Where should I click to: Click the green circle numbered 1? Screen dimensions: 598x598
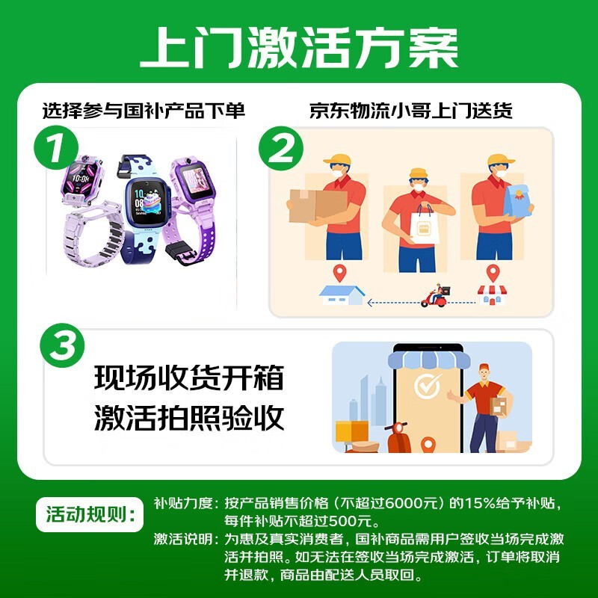[x=55, y=147]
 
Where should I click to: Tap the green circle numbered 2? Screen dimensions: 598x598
[x=281, y=148]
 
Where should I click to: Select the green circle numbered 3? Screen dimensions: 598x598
[x=62, y=345]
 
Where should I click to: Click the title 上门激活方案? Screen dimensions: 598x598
[x=299, y=49]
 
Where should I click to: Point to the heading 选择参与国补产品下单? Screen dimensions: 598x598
[x=144, y=111]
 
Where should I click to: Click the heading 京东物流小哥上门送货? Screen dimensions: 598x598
[x=410, y=111]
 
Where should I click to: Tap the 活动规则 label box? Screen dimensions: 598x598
[x=90, y=514]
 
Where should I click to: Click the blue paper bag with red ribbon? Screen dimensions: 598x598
[x=517, y=201]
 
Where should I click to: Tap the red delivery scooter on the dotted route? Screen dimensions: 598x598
[x=436, y=295]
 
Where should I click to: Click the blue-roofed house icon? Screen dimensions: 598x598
[x=342, y=295]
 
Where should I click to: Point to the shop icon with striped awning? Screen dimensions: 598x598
[x=493, y=295]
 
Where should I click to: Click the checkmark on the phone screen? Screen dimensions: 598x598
[x=428, y=386]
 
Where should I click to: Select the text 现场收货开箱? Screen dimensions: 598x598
[x=189, y=377]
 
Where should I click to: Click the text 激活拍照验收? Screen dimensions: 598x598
[x=189, y=418]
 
